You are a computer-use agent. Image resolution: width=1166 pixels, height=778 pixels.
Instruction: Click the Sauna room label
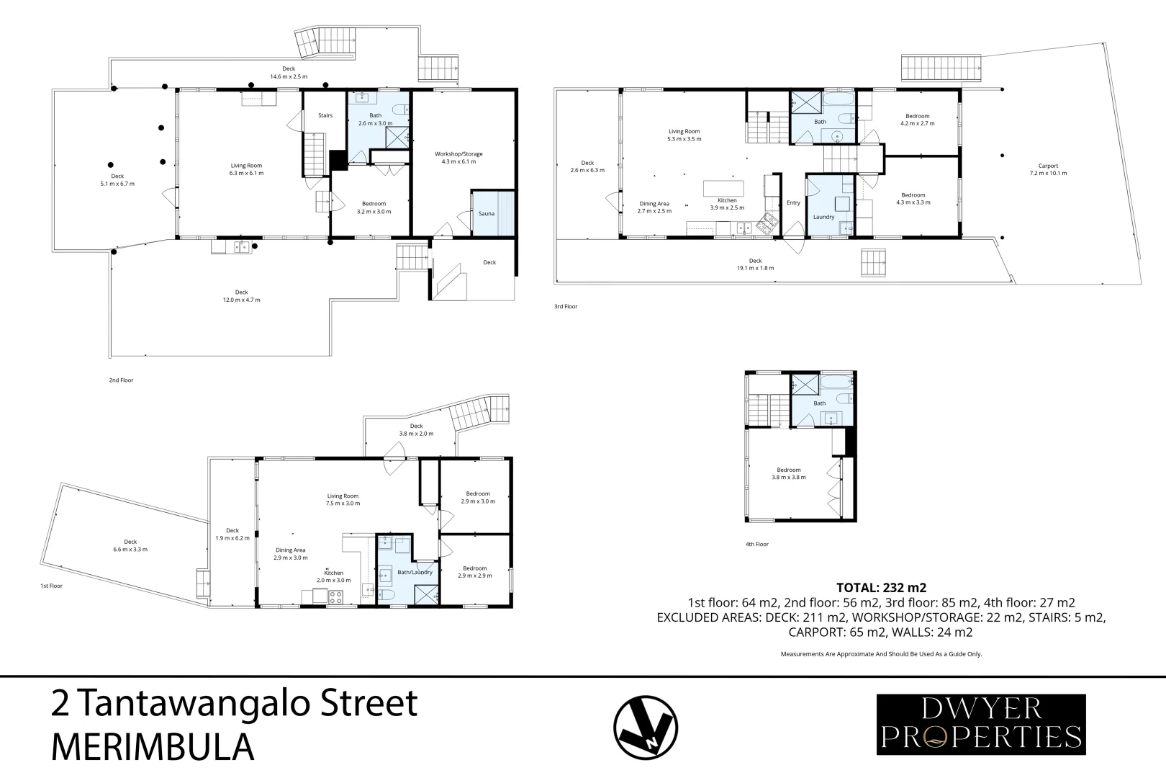[x=487, y=213]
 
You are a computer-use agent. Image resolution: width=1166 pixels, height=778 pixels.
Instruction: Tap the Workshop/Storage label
[x=458, y=153]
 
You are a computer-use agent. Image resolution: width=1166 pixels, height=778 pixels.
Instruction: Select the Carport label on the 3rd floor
[x=1048, y=166]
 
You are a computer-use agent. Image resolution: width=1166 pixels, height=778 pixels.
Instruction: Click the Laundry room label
[x=823, y=217]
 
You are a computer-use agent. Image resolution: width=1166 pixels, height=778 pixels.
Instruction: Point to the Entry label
[x=793, y=202]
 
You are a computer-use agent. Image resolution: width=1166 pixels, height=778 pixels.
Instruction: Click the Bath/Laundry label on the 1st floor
[x=415, y=572]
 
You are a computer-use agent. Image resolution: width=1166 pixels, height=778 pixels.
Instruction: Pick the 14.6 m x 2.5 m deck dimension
[x=289, y=76]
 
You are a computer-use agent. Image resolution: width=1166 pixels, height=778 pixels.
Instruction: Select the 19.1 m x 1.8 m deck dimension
[x=755, y=268]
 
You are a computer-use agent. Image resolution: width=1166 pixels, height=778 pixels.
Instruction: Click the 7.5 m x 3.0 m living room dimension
[x=343, y=504]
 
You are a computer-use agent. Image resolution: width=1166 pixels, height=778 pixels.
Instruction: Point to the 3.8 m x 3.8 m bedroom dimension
[x=789, y=477]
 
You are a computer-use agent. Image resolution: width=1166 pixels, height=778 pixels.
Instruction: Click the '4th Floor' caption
[x=757, y=544]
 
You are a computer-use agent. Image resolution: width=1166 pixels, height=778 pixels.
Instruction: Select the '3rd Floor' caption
[x=566, y=306]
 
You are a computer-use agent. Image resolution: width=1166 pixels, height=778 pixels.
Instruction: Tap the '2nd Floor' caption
[x=122, y=380]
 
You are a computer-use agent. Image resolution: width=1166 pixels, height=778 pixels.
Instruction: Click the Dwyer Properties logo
[x=980, y=724]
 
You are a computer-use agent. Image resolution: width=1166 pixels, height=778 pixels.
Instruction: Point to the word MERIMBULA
[x=153, y=747]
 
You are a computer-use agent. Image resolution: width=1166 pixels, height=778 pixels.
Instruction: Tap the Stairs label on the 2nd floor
[x=325, y=115]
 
